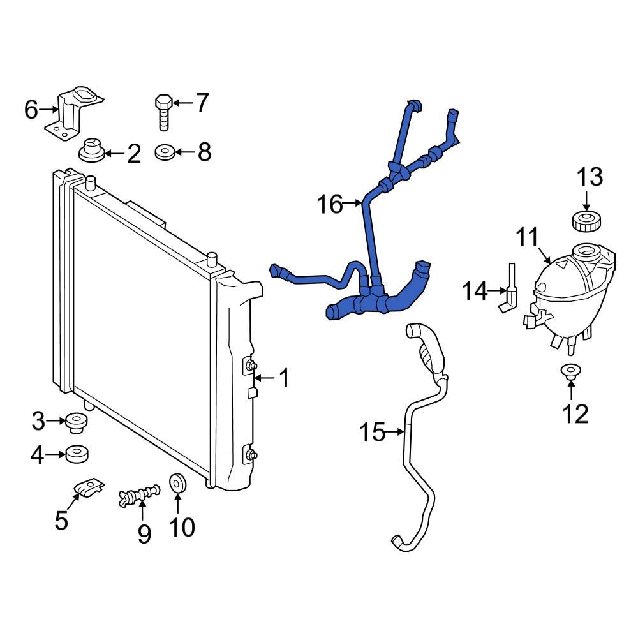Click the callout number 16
point(330,204)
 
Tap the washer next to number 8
point(165,152)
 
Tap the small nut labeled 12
point(568,371)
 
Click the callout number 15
point(373,433)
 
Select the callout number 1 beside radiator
point(284,380)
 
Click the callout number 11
point(528,239)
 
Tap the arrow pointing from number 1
point(264,379)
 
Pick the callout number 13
point(590,177)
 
